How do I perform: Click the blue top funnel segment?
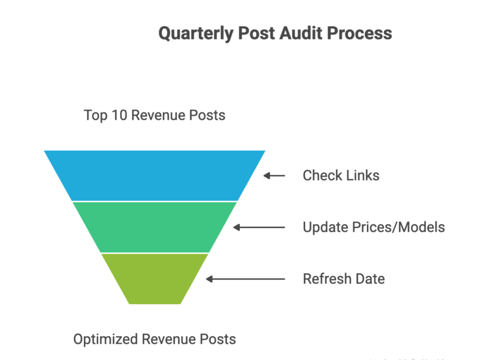tap(155, 175)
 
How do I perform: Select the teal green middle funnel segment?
tap(155, 226)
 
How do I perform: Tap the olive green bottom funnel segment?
tap(155, 278)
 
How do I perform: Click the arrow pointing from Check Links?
tap(274, 176)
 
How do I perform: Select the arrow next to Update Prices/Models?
tap(259, 227)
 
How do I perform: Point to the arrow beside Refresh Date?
tap(246, 279)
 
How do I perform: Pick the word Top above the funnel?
tap(95, 116)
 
